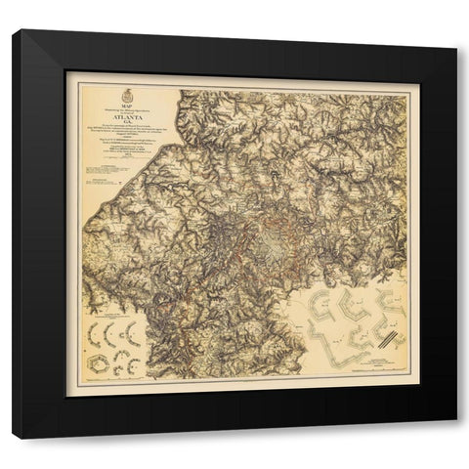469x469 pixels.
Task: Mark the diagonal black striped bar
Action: (390, 338)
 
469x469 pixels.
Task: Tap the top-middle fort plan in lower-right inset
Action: (356, 306)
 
